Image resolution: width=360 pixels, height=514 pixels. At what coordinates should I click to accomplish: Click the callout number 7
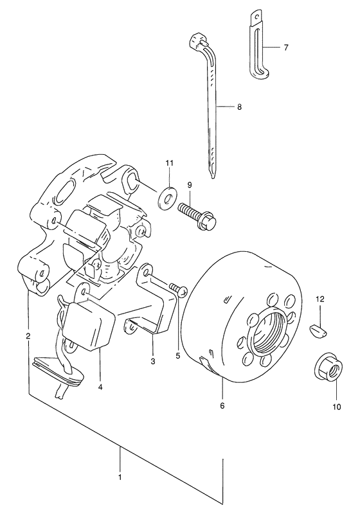tap(286, 48)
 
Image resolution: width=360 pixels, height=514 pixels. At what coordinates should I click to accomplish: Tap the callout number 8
tap(239, 107)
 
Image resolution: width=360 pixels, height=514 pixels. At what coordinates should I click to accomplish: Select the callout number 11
tap(169, 163)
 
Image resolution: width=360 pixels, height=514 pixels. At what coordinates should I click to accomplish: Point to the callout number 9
tap(190, 185)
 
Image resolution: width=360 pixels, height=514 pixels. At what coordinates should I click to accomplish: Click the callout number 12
tap(320, 299)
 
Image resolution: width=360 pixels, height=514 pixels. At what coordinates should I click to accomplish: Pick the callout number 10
tap(337, 407)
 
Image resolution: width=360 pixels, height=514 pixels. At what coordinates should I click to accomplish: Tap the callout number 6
tap(222, 406)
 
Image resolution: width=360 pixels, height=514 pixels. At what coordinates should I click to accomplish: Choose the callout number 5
tap(177, 356)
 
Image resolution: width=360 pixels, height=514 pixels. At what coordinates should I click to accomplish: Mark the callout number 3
tap(153, 362)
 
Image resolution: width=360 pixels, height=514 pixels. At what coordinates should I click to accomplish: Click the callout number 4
tap(100, 387)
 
